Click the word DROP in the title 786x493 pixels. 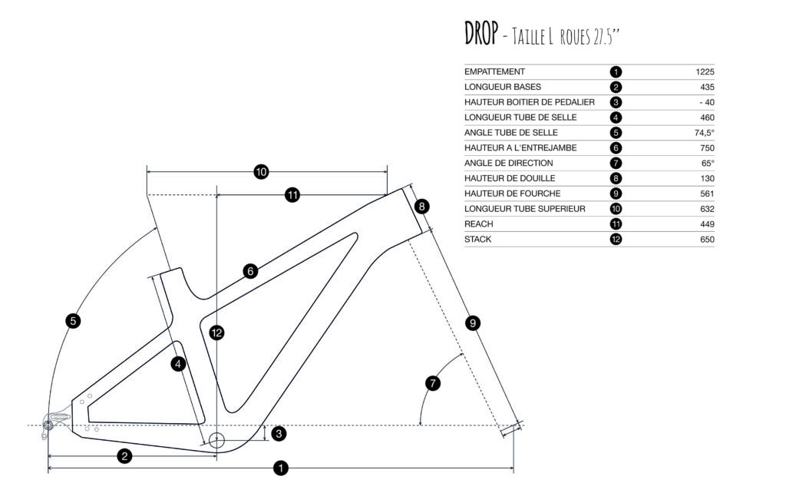pos(481,34)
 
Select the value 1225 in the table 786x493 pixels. pos(705,71)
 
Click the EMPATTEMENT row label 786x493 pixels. pos(494,71)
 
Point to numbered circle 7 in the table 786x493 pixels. pos(616,163)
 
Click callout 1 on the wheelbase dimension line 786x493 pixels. pos(281,467)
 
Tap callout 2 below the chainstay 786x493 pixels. pos(124,456)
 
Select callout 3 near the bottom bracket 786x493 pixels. pos(279,434)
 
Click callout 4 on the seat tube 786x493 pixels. pos(178,364)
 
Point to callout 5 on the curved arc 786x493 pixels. pos(73,321)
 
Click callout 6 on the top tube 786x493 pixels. pos(249,271)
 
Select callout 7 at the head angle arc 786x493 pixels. pos(433,382)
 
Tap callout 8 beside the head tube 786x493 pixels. pos(422,207)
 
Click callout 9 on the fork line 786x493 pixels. pos(473,323)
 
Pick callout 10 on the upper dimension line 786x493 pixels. pos(261,172)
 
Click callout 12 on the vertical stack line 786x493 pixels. pos(217,333)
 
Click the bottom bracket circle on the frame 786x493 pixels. pos(216,441)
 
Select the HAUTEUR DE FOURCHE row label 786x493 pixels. pos(510,193)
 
